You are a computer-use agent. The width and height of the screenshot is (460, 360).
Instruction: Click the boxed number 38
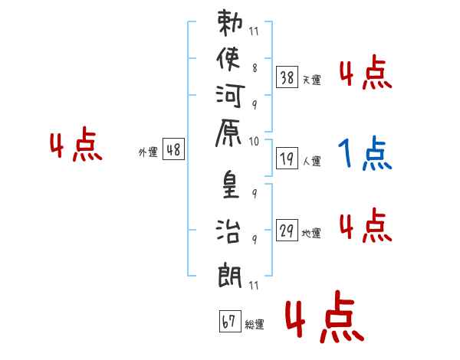tap(287, 77)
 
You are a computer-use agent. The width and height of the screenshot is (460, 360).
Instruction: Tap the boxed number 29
tap(287, 231)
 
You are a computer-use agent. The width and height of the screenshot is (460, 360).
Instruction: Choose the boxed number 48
tap(173, 150)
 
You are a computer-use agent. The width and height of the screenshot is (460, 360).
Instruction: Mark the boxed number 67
tap(228, 322)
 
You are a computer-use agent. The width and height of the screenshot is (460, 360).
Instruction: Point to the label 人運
tap(311, 162)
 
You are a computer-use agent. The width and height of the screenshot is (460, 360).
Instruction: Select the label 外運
tap(148, 152)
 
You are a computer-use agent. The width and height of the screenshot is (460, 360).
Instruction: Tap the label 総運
tap(255, 325)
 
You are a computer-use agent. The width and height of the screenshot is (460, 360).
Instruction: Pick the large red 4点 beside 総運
tap(322, 320)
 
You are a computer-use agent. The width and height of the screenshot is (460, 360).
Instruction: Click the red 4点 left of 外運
tap(76, 146)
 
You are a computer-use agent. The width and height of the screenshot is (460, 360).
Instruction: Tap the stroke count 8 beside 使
tap(254, 67)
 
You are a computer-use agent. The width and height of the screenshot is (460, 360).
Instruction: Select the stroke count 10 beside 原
tap(255, 141)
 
